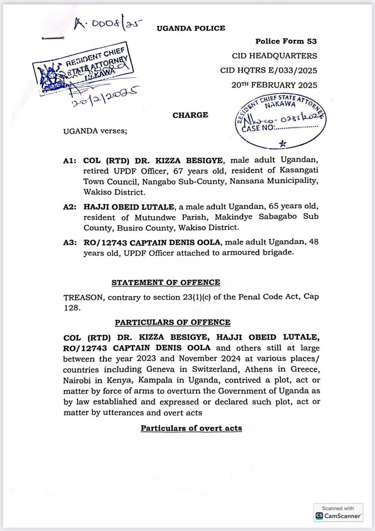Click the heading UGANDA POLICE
point(191,28)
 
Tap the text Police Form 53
point(286,41)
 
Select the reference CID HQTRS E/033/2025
point(268,71)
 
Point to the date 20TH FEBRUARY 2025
point(274,85)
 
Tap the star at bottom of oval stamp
point(282,144)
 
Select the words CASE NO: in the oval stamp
point(257,128)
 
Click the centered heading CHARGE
point(190,115)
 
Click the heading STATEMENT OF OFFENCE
point(166,283)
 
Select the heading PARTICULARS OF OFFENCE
point(173,322)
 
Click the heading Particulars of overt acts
point(191,428)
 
